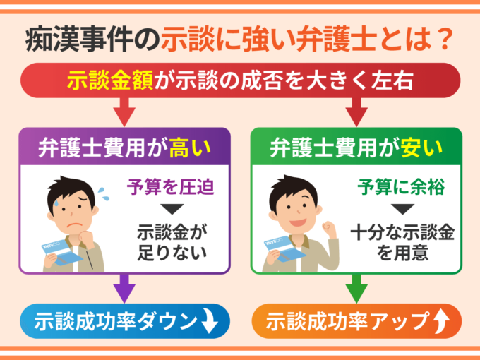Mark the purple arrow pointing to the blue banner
(x=124, y=287)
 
